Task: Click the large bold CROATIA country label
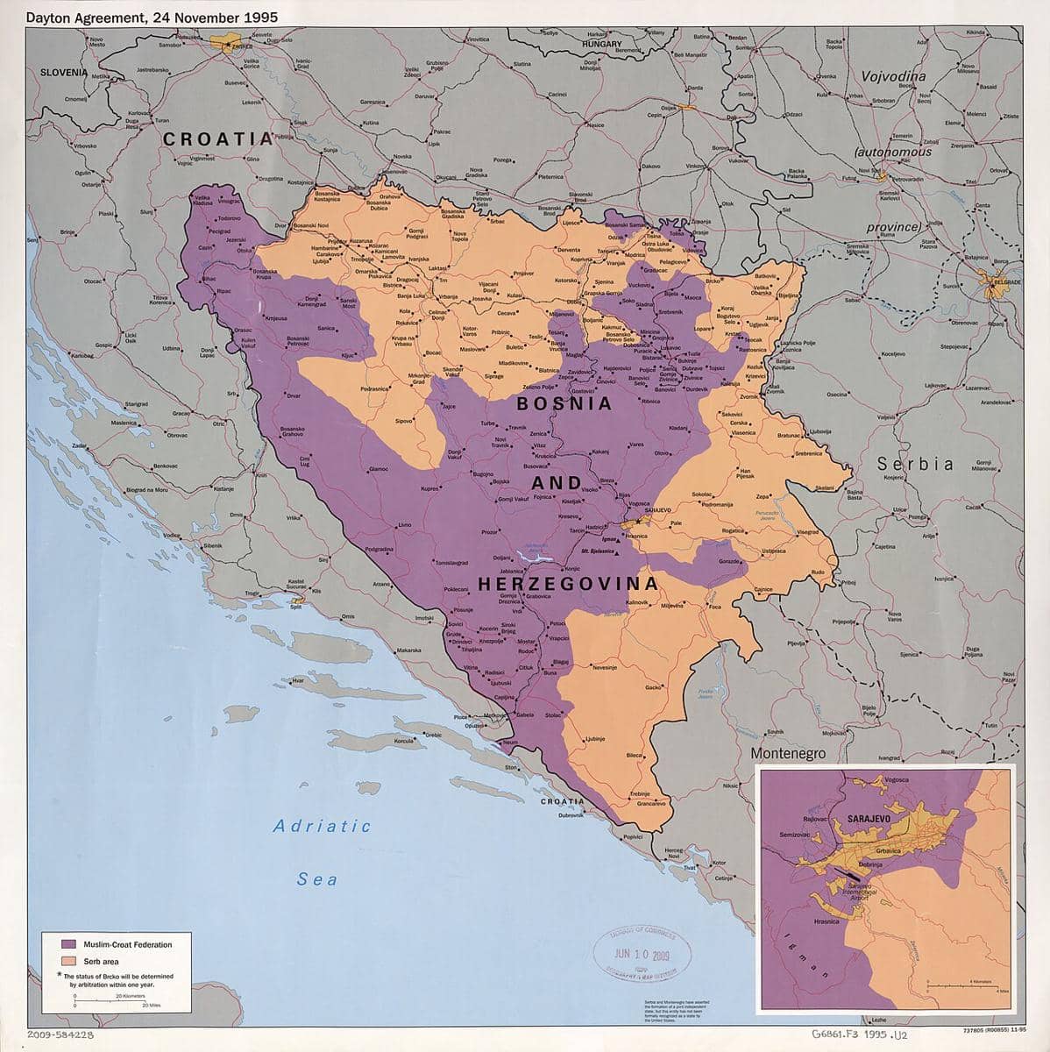[x=217, y=139]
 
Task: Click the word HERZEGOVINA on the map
[x=567, y=583]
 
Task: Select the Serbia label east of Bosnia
[x=917, y=464]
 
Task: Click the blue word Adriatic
[x=322, y=826]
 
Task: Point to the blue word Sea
[x=316, y=879]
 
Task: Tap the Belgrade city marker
[x=992, y=283]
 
